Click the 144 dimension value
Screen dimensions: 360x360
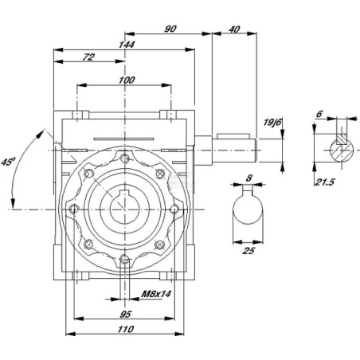[x=127, y=45]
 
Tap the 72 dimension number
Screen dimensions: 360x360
[x=88, y=57]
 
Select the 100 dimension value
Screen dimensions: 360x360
[x=127, y=80]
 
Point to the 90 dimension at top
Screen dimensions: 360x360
[x=170, y=29]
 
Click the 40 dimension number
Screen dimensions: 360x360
[x=234, y=29]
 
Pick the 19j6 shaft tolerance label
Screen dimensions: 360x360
[x=272, y=123]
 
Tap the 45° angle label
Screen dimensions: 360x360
[x=8, y=162]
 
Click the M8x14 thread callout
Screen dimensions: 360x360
[x=156, y=294]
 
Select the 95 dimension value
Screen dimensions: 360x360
[x=125, y=315]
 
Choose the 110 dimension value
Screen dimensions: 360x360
[x=126, y=329]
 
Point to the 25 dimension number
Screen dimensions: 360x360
[x=248, y=250]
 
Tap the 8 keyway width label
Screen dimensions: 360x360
[x=248, y=178]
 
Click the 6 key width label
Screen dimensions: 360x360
[x=319, y=114]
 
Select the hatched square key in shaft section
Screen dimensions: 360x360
[x=342, y=139]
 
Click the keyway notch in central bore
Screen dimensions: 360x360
[x=124, y=194]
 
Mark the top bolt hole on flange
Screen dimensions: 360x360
[x=124, y=158]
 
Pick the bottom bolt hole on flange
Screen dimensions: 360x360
[x=124, y=260]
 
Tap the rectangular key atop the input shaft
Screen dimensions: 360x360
[x=233, y=136]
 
